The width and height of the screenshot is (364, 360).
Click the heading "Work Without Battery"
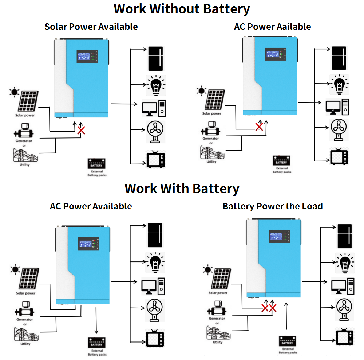(x=182, y=9)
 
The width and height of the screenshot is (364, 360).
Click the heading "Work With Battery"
(x=182, y=188)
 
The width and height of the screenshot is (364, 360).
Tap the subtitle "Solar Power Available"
(x=91, y=27)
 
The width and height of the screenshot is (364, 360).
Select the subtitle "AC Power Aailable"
(x=273, y=27)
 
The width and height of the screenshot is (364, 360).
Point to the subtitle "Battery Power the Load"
(x=273, y=207)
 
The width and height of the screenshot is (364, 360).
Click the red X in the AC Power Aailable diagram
(x=259, y=127)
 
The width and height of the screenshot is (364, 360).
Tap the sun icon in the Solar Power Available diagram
(x=14, y=92)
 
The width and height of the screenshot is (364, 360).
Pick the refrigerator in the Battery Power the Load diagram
(x=344, y=236)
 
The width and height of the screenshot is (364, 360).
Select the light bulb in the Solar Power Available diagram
(x=156, y=85)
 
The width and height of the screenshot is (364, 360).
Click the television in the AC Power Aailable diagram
(x=339, y=157)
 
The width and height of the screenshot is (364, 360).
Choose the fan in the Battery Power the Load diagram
(x=344, y=308)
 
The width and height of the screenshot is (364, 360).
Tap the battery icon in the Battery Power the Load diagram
(x=287, y=341)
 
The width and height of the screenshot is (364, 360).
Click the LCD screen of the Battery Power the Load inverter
(x=279, y=237)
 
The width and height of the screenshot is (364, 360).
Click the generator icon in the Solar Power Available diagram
(x=24, y=130)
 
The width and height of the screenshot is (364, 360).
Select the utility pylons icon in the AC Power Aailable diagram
(x=211, y=153)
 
